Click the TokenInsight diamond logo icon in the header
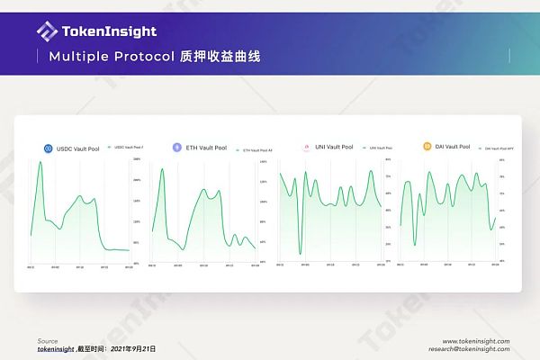click(47, 31)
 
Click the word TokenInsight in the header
click(108, 31)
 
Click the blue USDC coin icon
click(49, 148)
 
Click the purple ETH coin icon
click(177, 148)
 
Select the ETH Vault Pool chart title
click(206, 148)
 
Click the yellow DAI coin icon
click(427, 146)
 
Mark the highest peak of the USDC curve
click(40, 163)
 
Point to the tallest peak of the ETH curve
click(162, 169)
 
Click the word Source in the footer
click(48, 341)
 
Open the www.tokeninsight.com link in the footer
click(476, 341)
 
